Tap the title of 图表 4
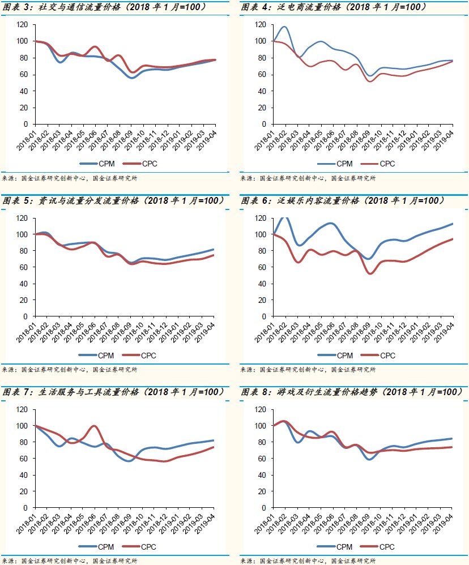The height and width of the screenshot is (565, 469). click(334, 7)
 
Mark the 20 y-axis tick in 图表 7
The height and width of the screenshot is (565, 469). click(24, 491)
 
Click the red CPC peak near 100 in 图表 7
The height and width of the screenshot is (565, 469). click(95, 426)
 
